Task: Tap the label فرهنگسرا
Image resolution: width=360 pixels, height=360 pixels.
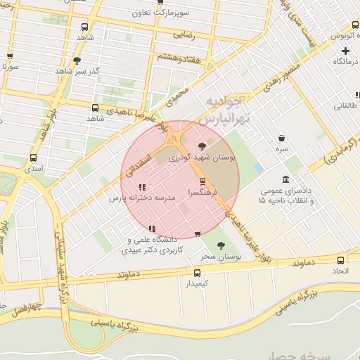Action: tap(204, 191)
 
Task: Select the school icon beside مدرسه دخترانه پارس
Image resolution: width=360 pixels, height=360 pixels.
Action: tap(142, 187)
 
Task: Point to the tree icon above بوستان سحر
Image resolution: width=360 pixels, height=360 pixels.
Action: tap(221, 245)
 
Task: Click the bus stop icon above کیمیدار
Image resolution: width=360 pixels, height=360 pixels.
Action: tap(197, 272)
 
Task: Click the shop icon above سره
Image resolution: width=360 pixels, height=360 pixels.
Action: tap(282, 138)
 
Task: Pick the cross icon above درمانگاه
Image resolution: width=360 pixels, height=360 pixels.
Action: tap(345, 51)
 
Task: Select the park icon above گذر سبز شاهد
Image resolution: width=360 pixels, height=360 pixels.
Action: tap(77, 60)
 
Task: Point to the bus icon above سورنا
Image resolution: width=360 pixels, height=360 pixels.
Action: tap(10, 56)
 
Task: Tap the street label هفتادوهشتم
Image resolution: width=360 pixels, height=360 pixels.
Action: tap(179, 58)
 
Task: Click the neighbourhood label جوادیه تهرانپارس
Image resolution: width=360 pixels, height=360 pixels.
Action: tap(224, 111)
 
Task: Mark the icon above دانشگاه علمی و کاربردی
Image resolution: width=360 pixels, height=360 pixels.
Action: tap(153, 229)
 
